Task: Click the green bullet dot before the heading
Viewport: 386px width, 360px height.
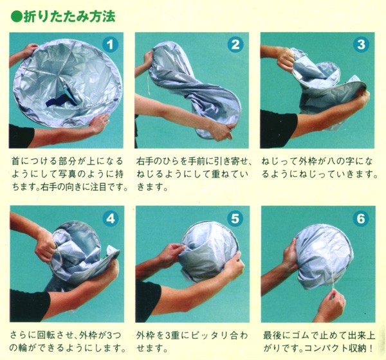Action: [x=17, y=17]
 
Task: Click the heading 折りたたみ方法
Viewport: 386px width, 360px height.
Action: [x=69, y=17]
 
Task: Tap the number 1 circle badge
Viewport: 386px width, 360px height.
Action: [x=110, y=45]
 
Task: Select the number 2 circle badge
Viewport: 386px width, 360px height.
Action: [x=235, y=44]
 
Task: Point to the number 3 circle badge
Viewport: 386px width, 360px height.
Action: [x=361, y=44]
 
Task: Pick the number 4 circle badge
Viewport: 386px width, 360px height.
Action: [x=111, y=219]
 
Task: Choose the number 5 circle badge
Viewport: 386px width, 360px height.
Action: [x=235, y=218]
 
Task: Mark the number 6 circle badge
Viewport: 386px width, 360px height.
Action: [x=361, y=218]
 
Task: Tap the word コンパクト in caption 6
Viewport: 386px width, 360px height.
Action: [x=327, y=348]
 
